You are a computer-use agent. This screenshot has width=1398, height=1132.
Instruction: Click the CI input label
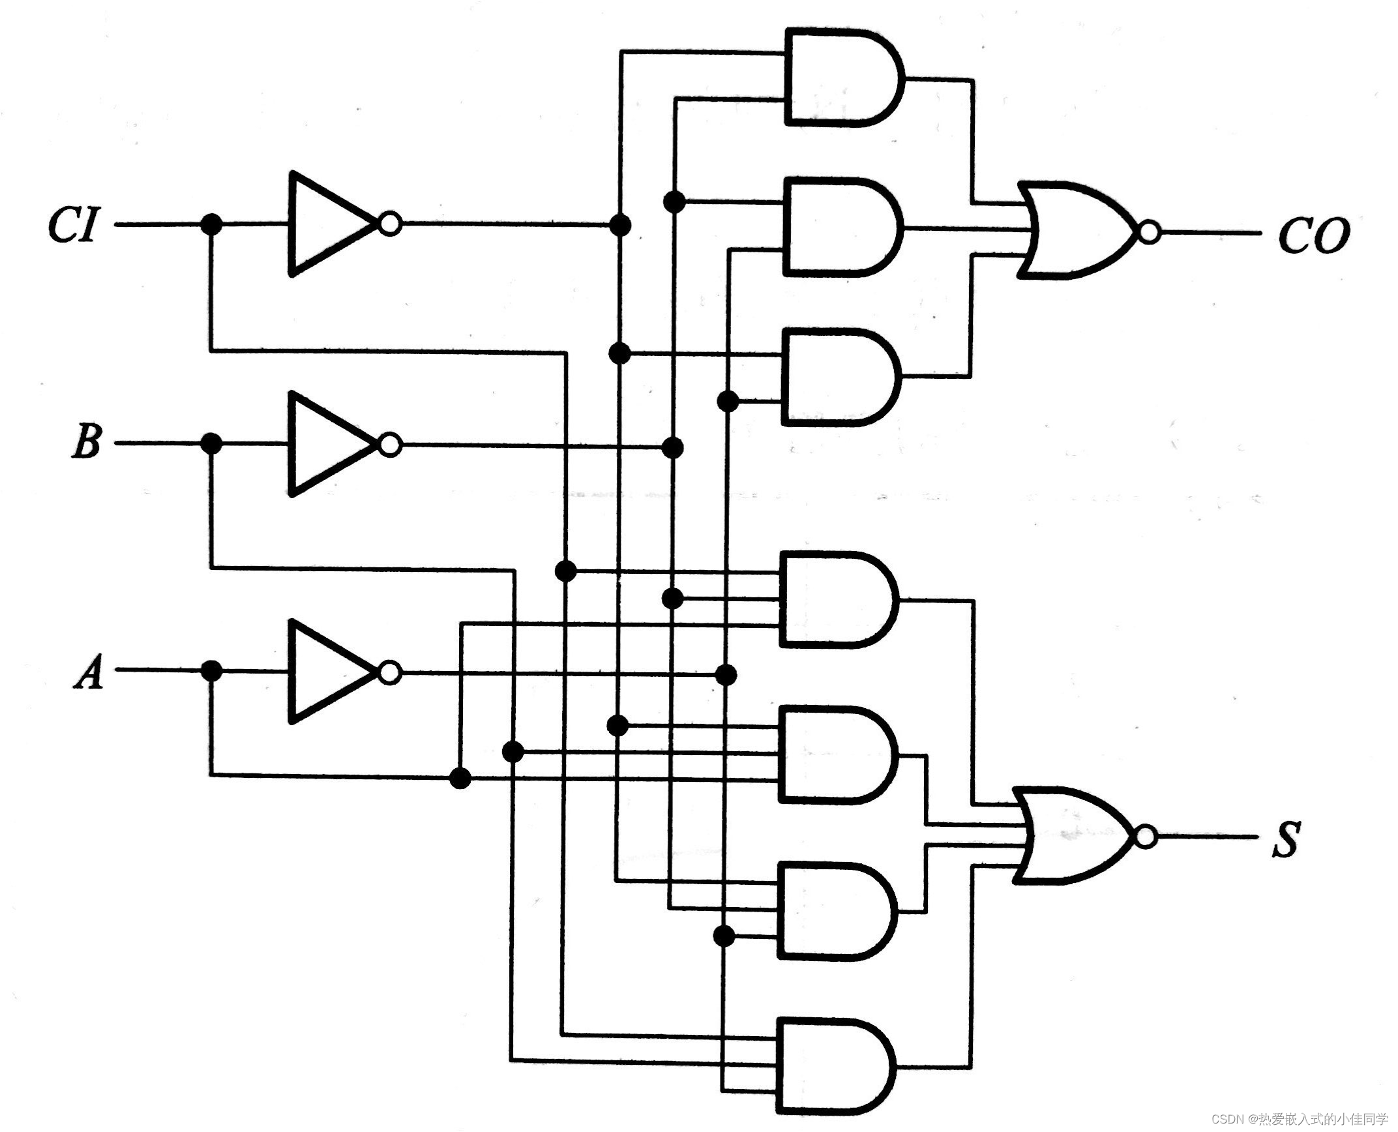[x=73, y=226]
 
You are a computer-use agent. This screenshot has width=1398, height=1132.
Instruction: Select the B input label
[x=85, y=443]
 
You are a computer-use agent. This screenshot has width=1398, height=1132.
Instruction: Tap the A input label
[x=89, y=671]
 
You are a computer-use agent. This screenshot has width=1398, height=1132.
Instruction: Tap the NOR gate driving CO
[x=1076, y=231]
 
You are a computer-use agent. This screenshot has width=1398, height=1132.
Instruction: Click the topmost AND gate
[x=841, y=77]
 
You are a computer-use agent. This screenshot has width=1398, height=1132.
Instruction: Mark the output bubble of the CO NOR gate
[x=1149, y=232]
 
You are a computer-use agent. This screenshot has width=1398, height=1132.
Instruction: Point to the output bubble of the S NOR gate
[x=1146, y=837]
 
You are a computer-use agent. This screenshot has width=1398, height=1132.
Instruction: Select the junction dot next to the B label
[x=211, y=443]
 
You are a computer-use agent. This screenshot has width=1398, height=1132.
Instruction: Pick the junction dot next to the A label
[x=211, y=671]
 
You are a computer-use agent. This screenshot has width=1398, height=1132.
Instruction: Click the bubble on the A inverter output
[x=390, y=672]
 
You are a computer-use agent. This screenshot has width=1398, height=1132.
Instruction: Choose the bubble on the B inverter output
[x=390, y=445]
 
